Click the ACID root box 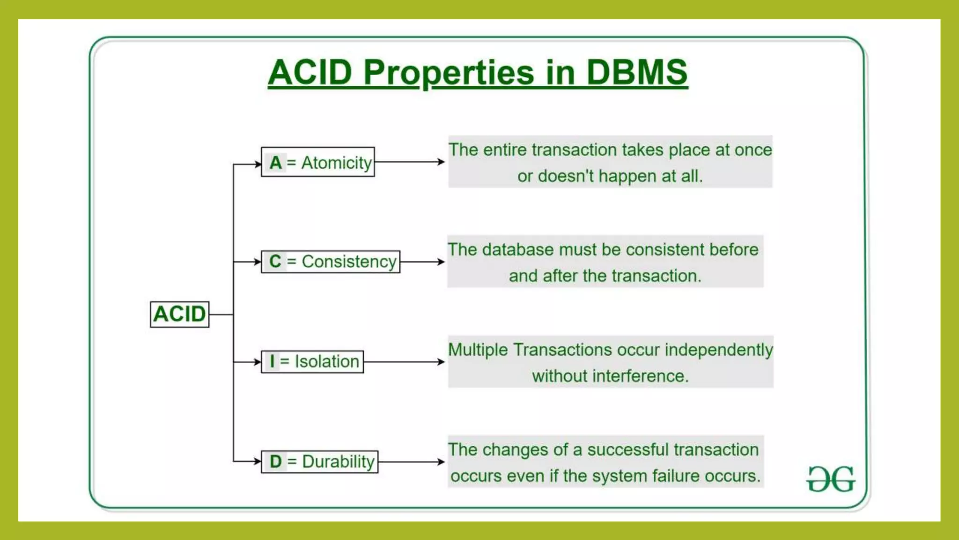(179, 314)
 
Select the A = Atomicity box (318, 162)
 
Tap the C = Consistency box (331, 262)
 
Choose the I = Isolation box (312, 362)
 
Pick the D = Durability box (320, 462)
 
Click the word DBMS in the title (637, 73)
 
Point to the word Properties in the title (449, 73)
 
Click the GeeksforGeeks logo (831, 479)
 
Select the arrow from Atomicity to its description (409, 162)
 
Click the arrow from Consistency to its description (422, 262)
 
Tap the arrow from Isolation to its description (404, 362)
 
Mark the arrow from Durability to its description (411, 462)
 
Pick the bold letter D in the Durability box (276, 462)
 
